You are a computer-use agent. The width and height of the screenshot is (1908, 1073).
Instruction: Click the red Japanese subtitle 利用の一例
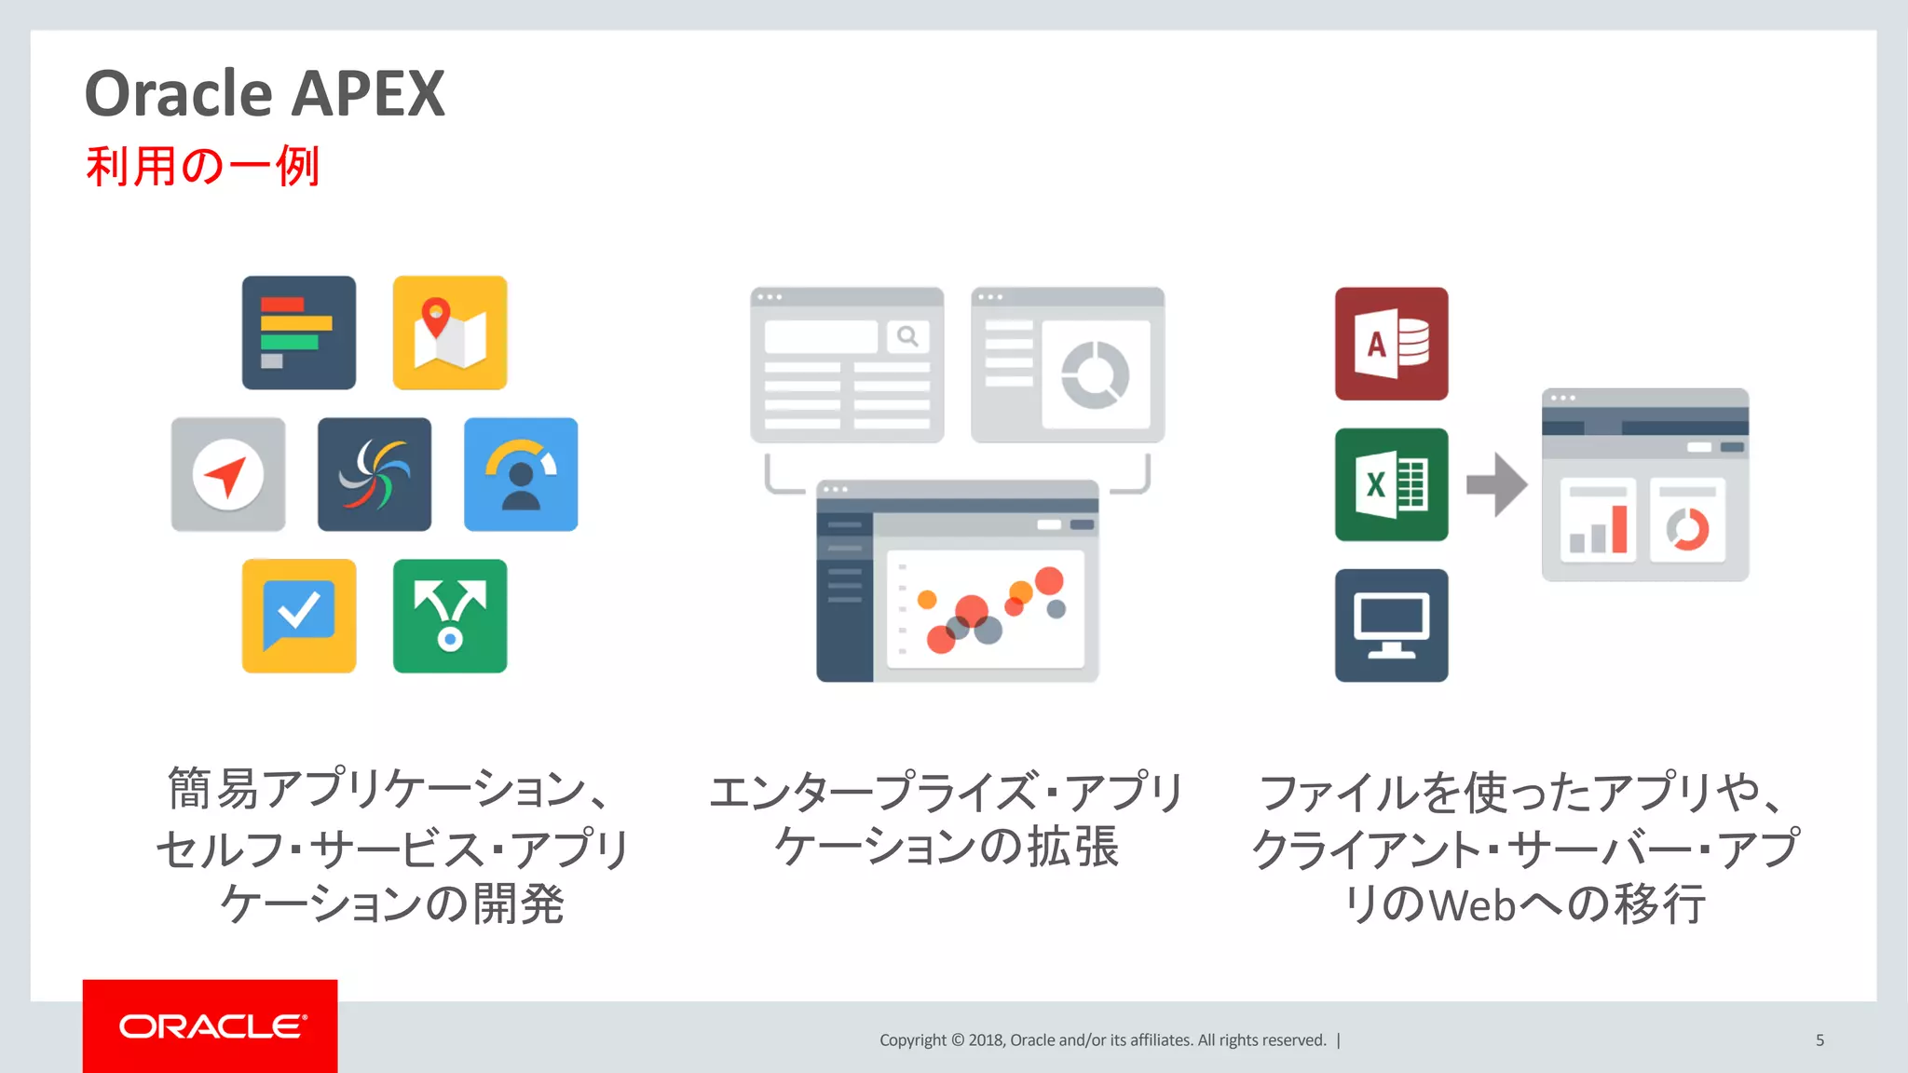tap(202, 167)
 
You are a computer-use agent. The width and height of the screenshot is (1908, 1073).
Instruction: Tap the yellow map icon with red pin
tap(450, 333)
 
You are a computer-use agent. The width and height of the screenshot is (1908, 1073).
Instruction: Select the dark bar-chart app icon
tap(299, 333)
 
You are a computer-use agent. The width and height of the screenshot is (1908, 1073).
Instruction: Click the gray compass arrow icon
tap(228, 474)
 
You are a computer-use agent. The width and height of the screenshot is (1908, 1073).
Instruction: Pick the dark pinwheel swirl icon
tap(375, 474)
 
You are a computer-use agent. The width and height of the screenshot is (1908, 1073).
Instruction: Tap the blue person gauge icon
tap(521, 474)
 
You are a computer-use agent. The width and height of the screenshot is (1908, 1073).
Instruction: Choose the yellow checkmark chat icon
tap(299, 616)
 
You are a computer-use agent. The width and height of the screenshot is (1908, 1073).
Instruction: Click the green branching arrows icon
tap(450, 616)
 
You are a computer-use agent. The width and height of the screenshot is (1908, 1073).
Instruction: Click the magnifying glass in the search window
tap(907, 336)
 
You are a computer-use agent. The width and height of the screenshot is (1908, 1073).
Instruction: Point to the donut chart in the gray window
tap(1096, 374)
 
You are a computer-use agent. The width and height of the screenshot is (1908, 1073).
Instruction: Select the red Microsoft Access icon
tap(1391, 344)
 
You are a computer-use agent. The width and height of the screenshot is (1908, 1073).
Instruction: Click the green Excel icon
tap(1391, 484)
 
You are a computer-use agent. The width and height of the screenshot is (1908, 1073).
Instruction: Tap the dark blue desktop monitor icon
tap(1391, 625)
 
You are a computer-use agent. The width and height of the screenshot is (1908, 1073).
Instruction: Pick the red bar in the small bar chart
tap(1620, 528)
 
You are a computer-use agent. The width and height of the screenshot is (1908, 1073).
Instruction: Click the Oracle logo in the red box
tap(211, 1026)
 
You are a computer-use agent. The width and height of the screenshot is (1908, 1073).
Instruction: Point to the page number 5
tap(1819, 1040)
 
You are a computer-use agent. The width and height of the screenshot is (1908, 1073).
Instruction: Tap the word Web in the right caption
tap(1473, 904)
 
